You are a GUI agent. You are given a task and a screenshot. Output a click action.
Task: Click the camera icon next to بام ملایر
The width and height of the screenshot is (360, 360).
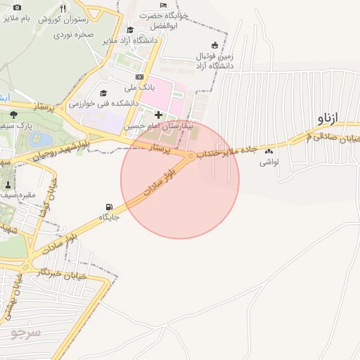(x=18, y=7)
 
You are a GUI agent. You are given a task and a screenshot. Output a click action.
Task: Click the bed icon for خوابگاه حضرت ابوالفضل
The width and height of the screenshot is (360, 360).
(x=164, y=5)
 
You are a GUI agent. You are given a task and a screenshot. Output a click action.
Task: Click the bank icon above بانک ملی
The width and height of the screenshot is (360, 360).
(x=139, y=77)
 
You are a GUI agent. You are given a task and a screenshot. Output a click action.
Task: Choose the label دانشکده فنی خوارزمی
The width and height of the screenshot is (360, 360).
(x=103, y=103)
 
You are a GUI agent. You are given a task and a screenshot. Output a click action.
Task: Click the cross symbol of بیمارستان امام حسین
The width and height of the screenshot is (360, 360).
(x=158, y=115)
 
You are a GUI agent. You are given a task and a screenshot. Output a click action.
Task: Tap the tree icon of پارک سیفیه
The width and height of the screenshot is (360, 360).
(x=13, y=115)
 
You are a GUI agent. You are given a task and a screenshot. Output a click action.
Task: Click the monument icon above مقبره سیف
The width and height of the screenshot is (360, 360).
(x=8, y=185)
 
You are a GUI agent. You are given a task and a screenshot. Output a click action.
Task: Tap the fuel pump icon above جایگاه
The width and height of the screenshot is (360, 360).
(x=108, y=207)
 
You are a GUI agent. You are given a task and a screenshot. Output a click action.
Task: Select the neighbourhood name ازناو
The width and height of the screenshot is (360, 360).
(x=327, y=115)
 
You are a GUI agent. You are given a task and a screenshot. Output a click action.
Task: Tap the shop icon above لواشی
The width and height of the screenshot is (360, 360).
(x=268, y=151)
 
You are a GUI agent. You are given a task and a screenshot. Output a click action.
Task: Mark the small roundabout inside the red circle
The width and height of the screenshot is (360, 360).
(x=191, y=155)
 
